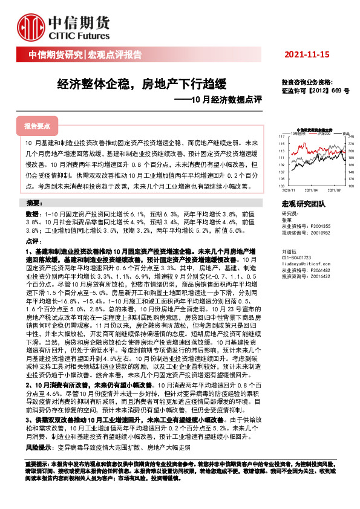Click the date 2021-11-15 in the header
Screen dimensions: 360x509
point(307,55)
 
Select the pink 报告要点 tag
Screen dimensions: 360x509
point(37,126)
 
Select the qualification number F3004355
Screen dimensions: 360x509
point(318,226)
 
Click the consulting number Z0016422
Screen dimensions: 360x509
point(318,276)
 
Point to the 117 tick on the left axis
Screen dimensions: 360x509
point(283,137)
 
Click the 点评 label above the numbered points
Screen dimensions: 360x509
point(31,241)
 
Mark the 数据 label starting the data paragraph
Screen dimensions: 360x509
point(31,214)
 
